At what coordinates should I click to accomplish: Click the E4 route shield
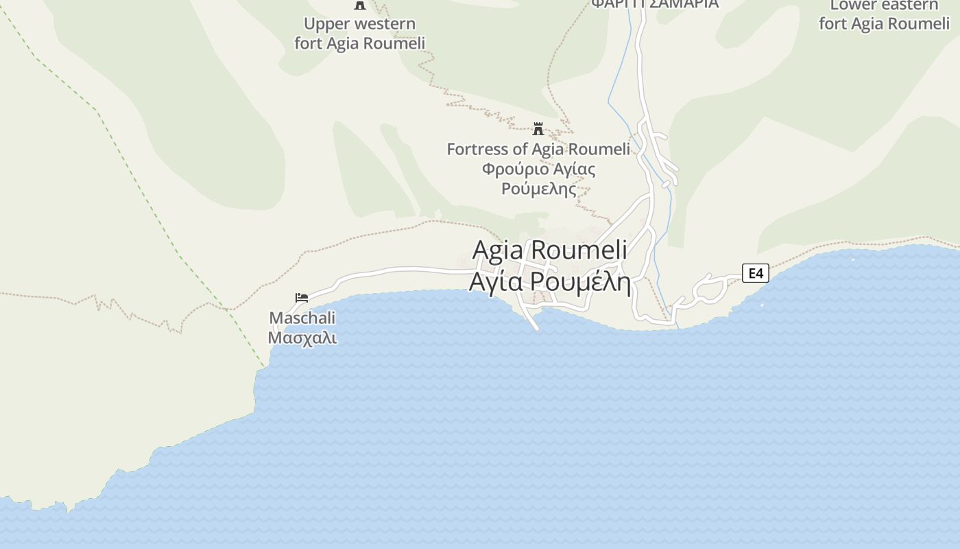point(755,273)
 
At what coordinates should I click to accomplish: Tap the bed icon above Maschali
point(302,298)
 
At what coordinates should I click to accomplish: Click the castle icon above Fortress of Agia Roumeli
point(538,129)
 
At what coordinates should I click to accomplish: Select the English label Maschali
point(302,318)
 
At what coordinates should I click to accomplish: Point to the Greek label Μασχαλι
point(302,338)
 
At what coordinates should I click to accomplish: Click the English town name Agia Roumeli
point(550,249)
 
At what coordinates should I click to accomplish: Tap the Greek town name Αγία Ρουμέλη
point(550,281)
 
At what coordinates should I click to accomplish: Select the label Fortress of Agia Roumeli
point(538,149)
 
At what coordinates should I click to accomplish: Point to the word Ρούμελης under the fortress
point(539,189)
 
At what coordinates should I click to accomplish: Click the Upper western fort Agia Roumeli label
point(360,33)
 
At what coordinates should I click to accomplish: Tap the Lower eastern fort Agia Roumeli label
point(884,15)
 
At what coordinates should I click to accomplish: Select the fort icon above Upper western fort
point(359,5)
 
